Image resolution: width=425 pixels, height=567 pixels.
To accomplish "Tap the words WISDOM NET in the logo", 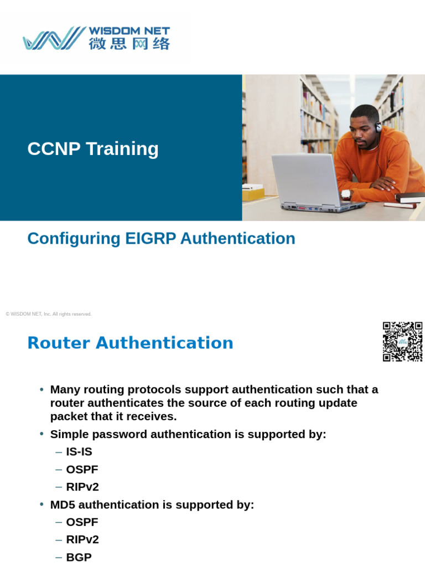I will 129,31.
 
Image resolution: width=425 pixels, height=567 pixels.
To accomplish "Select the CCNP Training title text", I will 93,148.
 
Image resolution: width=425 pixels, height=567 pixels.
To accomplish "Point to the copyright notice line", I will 49,314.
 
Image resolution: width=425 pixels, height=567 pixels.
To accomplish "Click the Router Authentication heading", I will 130,343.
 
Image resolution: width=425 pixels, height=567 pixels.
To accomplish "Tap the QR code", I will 402,342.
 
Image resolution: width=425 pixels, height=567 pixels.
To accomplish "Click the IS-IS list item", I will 79,452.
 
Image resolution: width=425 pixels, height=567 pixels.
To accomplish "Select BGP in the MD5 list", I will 79,557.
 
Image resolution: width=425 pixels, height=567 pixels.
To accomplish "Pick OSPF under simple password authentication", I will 82,470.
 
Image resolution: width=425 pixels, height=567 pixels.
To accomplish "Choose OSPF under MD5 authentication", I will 82,522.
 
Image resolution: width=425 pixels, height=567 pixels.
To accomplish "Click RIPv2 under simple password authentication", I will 82,487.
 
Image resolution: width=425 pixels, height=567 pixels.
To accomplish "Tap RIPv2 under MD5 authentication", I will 82,540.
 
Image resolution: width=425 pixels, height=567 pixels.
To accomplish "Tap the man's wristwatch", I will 346,194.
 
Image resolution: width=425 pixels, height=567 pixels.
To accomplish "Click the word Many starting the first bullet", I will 64,390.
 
